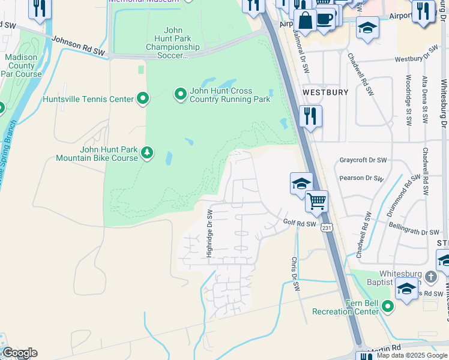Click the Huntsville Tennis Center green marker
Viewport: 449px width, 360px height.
[143, 98]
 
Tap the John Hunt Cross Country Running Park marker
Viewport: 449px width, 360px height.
[180, 94]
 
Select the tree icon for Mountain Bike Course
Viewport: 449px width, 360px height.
[147, 154]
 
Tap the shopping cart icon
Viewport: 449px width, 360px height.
[316, 201]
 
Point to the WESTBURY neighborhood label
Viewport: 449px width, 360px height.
[325, 92]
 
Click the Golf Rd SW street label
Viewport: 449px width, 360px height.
[299, 223]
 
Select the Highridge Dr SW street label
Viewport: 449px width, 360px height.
[209, 233]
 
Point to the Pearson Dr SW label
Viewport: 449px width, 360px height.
[361, 178]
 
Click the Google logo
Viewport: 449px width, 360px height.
[19, 353]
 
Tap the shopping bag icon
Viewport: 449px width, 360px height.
[306, 20]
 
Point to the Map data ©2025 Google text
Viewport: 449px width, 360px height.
[412, 355]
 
